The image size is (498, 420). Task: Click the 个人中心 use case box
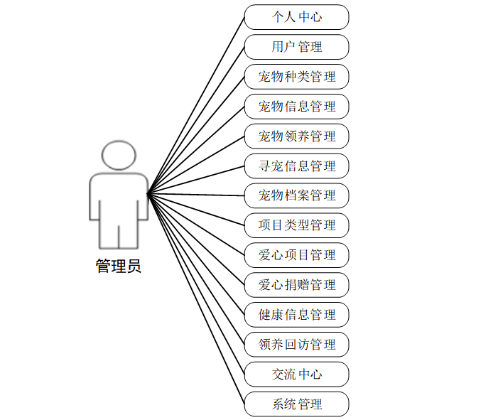[x=296, y=17]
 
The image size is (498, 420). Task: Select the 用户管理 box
[x=296, y=47]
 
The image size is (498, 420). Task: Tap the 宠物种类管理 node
[x=296, y=77]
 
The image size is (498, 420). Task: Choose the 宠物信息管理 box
[x=296, y=107]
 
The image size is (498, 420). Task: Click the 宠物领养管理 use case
[x=296, y=136]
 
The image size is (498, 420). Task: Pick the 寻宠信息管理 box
[x=296, y=166]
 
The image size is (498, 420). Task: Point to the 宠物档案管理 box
[x=296, y=195]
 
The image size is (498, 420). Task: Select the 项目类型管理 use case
[x=296, y=225]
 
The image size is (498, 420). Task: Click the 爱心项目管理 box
[x=296, y=255]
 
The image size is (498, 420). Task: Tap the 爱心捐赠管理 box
[x=296, y=285]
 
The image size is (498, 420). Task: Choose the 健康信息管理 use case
[x=296, y=315]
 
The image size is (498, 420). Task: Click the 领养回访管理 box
[x=296, y=345]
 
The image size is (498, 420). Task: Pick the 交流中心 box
[x=296, y=374]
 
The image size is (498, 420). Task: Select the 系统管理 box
[x=296, y=404]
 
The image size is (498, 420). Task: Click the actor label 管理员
[x=118, y=266]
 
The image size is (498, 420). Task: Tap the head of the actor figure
[x=118, y=156]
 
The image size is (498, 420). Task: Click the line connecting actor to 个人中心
[x=196, y=105]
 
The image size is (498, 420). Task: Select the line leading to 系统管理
[x=196, y=298]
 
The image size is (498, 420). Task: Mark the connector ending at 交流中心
[x=196, y=284]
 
